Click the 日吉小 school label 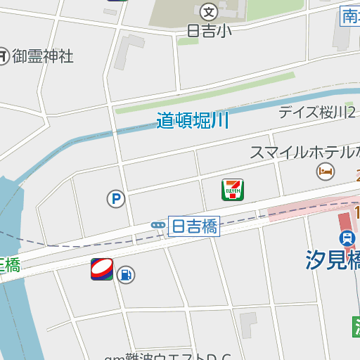click(x=210, y=30)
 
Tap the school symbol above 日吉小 click(x=209, y=12)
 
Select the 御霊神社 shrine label click(x=43, y=56)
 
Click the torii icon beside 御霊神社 click(x=4, y=56)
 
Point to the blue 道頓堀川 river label click(x=193, y=120)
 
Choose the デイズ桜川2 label click(x=317, y=112)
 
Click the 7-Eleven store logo click(x=232, y=190)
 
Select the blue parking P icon click(x=115, y=200)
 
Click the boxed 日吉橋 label click(x=195, y=226)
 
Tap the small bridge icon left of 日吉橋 click(x=157, y=225)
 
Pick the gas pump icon click(x=127, y=274)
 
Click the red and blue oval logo click(x=102, y=269)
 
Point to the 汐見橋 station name click(x=333, y=260)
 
